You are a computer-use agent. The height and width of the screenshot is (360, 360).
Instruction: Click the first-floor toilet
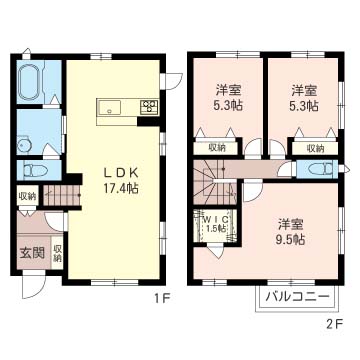pos(30,170)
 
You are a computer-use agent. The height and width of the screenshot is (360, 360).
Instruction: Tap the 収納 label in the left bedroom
pos(217,148)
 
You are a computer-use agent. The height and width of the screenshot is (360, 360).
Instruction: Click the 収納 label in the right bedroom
pos(315,148)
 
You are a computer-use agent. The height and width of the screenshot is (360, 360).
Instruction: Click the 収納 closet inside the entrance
pos(58,253)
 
